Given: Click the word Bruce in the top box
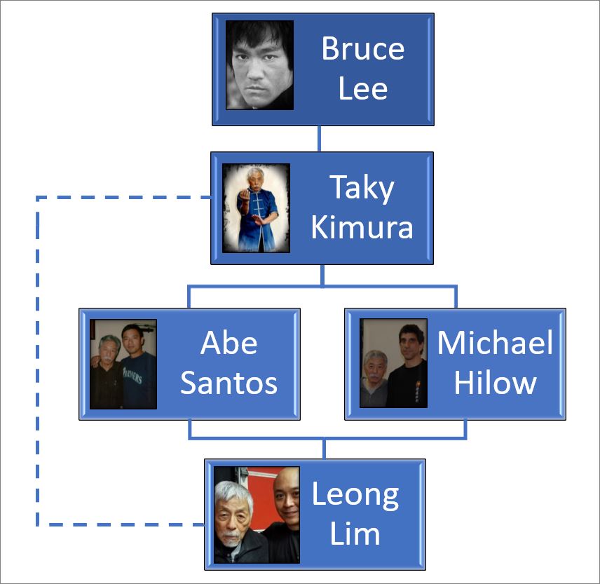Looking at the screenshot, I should point(362,49).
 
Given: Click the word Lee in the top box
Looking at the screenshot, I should point(362,88).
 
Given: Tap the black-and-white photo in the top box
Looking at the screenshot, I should point(259,65).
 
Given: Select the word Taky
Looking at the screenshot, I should point(362,189).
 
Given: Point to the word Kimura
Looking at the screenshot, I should point(362,228).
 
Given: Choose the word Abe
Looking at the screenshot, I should point(229,344).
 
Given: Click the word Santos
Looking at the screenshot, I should point(229,383).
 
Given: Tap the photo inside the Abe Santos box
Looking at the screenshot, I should point(123,364).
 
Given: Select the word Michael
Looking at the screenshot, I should point(495,344).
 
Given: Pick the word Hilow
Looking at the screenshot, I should point(495,383).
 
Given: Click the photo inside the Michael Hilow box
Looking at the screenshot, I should point(393,364).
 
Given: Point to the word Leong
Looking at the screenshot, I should point(355,495).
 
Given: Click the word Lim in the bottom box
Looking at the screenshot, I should point(355,534).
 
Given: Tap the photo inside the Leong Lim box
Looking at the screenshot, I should point(257,515).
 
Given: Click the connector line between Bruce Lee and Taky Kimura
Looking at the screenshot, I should point(320,139).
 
